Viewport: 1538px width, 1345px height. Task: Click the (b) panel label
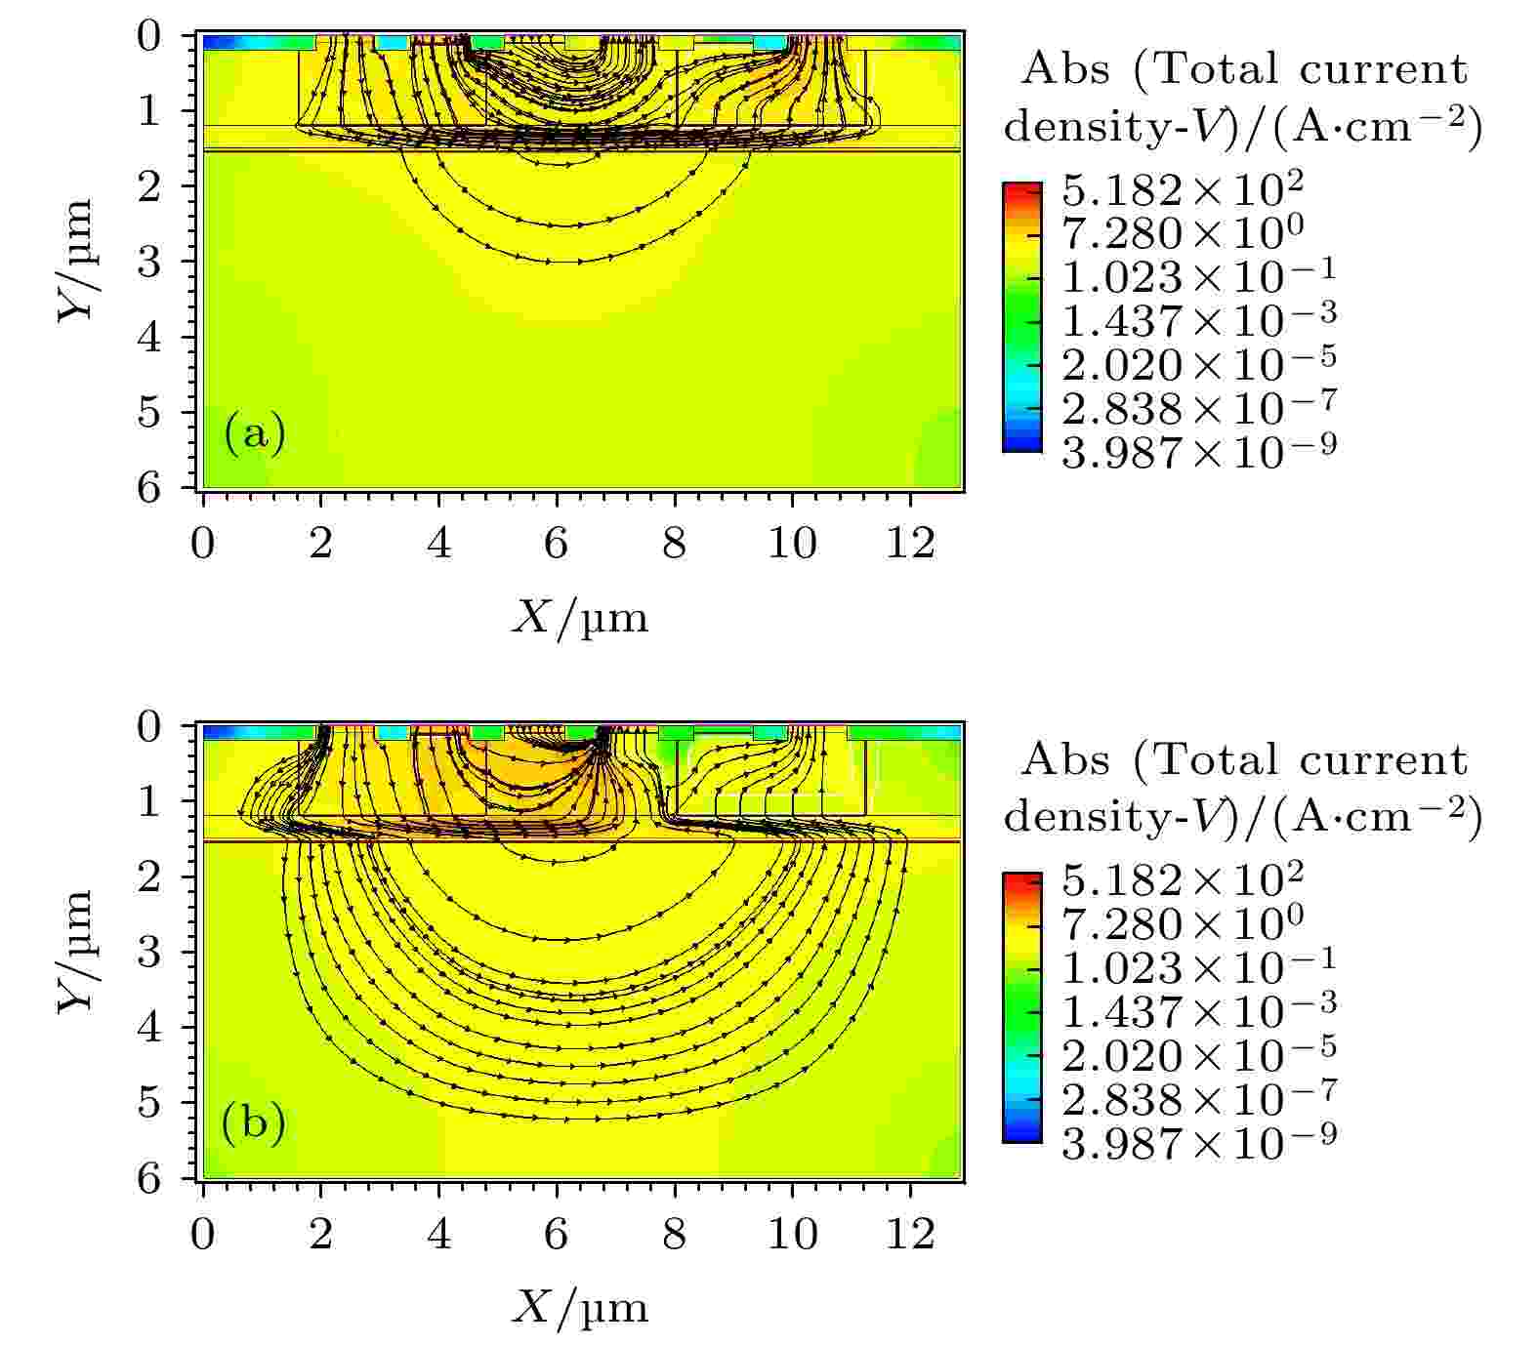[x=255, y=1124]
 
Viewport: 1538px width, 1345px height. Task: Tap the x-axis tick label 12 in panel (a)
[x=910, y=544]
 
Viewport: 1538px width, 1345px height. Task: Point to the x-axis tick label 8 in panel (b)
[x=674, y=1235]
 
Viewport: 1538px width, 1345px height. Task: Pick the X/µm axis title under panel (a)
[x=579, y=618]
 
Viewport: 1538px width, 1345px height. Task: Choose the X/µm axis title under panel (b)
[x=579, y=1309]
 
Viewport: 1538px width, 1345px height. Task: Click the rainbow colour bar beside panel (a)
[x=1022, y=317]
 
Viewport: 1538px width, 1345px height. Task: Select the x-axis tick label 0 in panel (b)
[x=202, y=1235]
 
